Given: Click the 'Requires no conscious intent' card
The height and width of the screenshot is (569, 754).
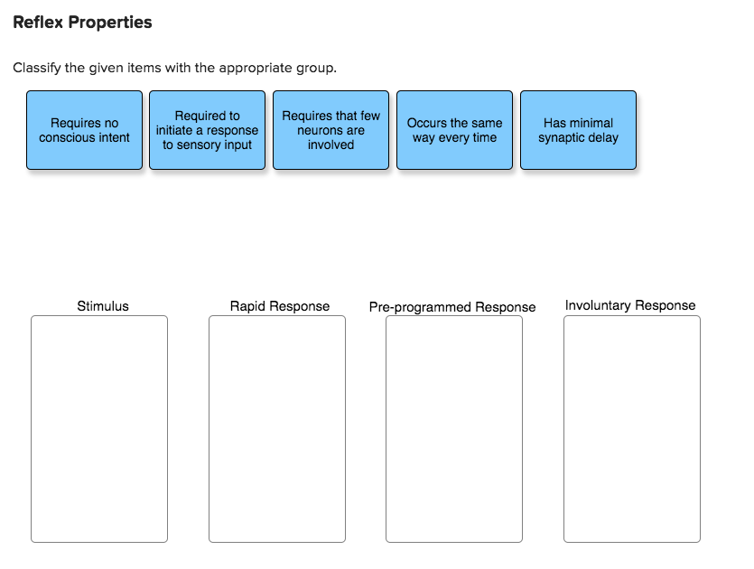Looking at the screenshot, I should [84, 130].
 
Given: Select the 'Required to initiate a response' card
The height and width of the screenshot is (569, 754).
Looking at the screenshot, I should [207, 130].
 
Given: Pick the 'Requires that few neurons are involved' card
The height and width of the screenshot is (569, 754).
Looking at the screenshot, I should [330, 130].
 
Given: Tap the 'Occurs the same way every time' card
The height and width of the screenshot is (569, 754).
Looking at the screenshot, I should [454, 130].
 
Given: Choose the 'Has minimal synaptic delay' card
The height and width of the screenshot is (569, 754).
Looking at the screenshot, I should [578, 130].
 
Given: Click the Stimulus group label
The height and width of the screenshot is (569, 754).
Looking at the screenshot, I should [103, 306].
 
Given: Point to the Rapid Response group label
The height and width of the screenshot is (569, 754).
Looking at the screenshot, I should [280, 306].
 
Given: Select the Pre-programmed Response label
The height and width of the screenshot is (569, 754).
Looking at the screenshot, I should [452, 307].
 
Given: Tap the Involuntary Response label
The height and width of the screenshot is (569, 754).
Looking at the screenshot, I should [630, 305].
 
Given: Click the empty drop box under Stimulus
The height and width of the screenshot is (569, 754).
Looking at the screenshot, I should [99, 429].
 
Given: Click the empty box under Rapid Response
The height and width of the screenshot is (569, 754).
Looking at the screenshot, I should [277, 429].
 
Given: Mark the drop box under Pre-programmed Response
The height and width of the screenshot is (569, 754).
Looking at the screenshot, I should [454, 429].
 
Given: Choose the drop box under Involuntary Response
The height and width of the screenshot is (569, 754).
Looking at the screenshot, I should [632, 429].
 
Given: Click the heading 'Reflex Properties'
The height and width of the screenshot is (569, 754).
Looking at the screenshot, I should [82, 23].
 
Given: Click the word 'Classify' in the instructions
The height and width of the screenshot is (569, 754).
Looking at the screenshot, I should [37, 68].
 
